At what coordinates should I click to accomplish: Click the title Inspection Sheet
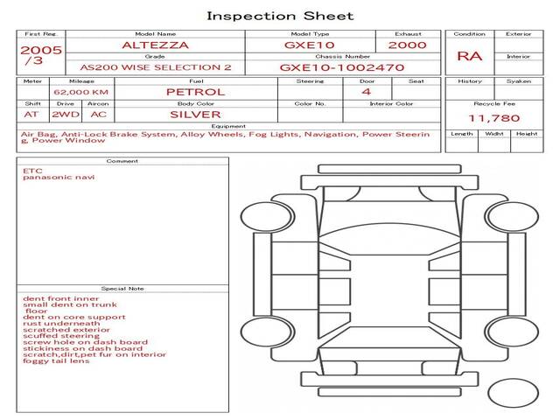pyautogui.click(x=280, y=16)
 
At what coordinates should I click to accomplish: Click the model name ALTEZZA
pyautogui.click(x=156, y=45)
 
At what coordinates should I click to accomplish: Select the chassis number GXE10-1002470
pyautogui.click(x=342, y=67)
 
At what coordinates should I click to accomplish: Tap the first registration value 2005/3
pyautogui.click(x=41, y=55)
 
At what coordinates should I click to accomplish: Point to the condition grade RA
pyautogui.click(x=470, y=56)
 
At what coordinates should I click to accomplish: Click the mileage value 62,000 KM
pyautogui.click(x=81, y=92)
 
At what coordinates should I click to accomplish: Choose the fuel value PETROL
pyautogui.click(x=196, y=92)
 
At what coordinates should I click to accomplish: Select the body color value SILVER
pyautogui.click(x=195, y=115)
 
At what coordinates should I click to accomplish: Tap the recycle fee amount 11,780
pyautogui.click(x=494, y=118)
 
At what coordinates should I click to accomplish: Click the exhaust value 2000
pyautogui.click(x=408, y=45)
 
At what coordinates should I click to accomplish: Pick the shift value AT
pyautogui.click(x=31, y=115)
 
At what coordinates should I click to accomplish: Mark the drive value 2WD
pyautogui.click(x=66, y=115)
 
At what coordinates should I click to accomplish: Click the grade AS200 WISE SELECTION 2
pyautogui.click(x=156, y=67)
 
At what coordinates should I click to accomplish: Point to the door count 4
pyautogui.click(x=367, y=92)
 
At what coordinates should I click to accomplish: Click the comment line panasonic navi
pyautogui.click(x=59, y=177)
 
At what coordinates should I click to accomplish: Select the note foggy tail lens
pyautogui.click(x=56, y=360)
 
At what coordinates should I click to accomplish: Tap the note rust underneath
pyautogui.click(x=61, y=324)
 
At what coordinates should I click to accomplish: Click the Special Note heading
pyautogui.click(x=122, y=289)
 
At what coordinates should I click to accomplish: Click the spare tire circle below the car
pyautogui.click(x=513, y=393)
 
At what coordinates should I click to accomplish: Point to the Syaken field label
pyautogui.click(x=519, y=81)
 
